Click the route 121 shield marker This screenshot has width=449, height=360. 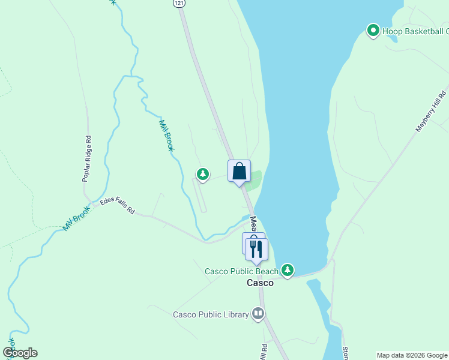(181, 3)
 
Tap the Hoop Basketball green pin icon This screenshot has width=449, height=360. (373, 29)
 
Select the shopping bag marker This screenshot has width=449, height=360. (239, 171)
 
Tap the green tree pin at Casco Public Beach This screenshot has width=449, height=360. (288, 270)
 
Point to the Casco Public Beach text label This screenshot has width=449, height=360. (242, 271)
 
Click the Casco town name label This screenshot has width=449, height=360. (260, 283)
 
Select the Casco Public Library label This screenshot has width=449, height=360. (211, 314)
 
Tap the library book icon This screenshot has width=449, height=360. (258, 313)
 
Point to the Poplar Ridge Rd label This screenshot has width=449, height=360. (87, 158)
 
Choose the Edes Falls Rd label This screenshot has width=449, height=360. (117, 208)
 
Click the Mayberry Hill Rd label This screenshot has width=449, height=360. (432, 112)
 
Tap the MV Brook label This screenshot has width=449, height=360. (76, 221)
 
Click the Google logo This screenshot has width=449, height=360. (20, 353)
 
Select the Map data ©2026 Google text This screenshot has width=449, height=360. (412, 355)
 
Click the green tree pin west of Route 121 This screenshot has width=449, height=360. (203, 174)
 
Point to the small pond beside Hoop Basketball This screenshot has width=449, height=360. (392, 37)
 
